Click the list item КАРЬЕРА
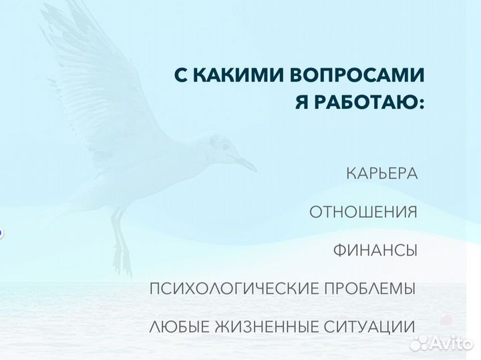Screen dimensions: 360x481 coord(381,174)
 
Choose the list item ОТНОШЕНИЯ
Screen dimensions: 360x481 coord(363,212)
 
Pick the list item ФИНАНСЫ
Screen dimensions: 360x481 coord(375,250)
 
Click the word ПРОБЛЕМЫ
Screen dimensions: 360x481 coord(370,289)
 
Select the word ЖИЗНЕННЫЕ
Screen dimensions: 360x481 coord(262,327)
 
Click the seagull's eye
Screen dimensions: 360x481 coord(225,146)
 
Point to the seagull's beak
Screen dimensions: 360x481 coord(245,162)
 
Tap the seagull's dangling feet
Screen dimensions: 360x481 coord(121,257)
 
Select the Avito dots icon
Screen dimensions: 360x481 coord(419,343)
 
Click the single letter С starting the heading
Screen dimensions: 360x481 coord(181,75)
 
